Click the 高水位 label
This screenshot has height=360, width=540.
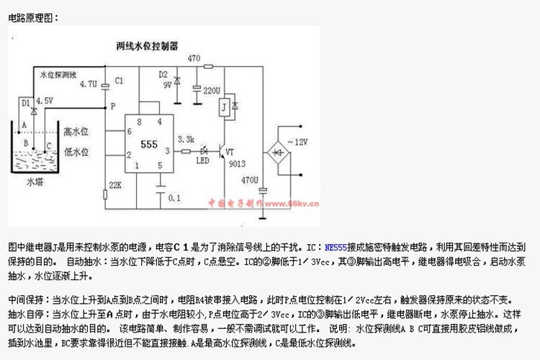point(75,131)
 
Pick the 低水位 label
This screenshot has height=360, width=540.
point(75,152)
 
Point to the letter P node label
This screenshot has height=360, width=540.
point(112,106)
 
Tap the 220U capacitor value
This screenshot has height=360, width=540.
point(211,92)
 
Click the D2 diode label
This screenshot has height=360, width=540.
point(163,74)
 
